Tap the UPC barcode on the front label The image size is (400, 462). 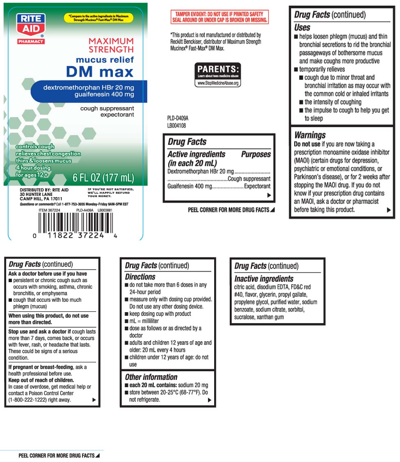[x=75, y=224]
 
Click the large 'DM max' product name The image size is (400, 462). [x=100, y=72]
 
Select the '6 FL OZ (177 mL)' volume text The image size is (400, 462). [x=103, y=178]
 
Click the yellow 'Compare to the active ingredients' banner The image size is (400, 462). [x=99, y=18]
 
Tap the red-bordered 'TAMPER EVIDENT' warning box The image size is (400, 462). [x=219, y=17]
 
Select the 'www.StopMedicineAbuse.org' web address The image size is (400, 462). [x=217, y=83]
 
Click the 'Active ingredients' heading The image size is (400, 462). [x=197, y=154]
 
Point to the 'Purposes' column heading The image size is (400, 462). [x=256, y=154]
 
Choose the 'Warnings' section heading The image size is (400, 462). [x=310, y=135]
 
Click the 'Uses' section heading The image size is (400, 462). [x=302, y=28]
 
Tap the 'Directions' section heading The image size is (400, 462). [x=140, y=277]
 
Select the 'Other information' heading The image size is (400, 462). [x=151, y=377]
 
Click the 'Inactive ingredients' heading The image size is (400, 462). [x=264, y=279]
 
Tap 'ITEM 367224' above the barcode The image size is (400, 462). [x=49, y=210]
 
